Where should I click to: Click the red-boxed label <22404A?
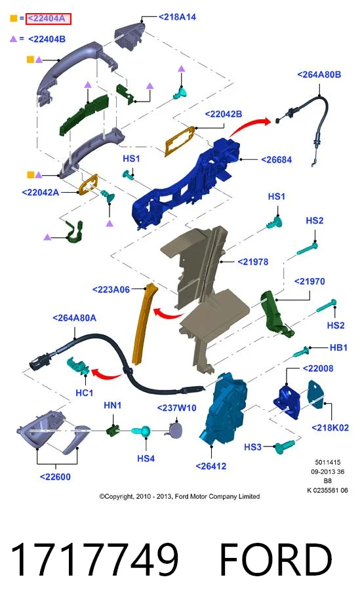coord(49,18)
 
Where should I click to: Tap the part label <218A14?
coord(177,17)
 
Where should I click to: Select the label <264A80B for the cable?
coord(319,75)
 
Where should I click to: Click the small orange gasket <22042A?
coord(89,184)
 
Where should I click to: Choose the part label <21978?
coord(253,262)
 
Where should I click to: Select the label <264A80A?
coord(74,318)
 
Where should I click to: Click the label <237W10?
coord(176,408)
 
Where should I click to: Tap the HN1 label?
coord(113,406)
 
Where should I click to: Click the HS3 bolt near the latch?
coord(285,446)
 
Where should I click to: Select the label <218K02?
coord(330,428)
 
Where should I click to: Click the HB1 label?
coord(338,347)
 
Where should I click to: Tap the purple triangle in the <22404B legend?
coord(14,39)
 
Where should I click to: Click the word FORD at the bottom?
coord(275,560)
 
